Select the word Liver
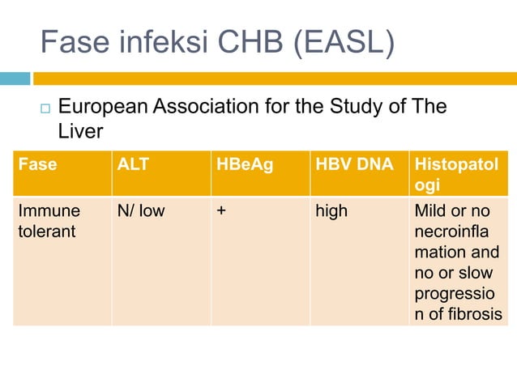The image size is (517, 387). pyautogui.click(x=80, y=131)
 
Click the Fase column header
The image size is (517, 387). pyautogui.click(x=37, y=164)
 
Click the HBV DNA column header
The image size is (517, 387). pyautogui.click(x=353, y=164)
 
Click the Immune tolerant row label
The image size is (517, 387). pyautogui.click(x=49, y=222)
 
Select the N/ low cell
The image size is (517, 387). pyautogui.click(x=141, y=211)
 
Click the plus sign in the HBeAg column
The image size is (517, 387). pyautogui.click(x=221, y=211)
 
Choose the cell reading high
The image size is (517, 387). pyautogui.click(x=331, y=211)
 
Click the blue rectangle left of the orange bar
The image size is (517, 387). pyautogui.click(x=15, y=79)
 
